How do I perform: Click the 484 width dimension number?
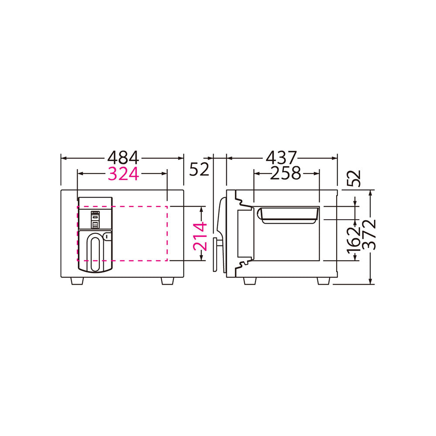tap(123, 158)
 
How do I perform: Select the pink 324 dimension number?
tap(123, 174)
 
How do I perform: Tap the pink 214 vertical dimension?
tap(201, 236)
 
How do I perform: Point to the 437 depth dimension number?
tap(281, 158)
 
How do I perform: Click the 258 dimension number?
tap(286, 173)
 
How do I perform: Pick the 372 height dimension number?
tap(370, 235)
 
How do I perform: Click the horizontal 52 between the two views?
tap(199, 169)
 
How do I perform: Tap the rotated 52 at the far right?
tap(354, 178)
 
